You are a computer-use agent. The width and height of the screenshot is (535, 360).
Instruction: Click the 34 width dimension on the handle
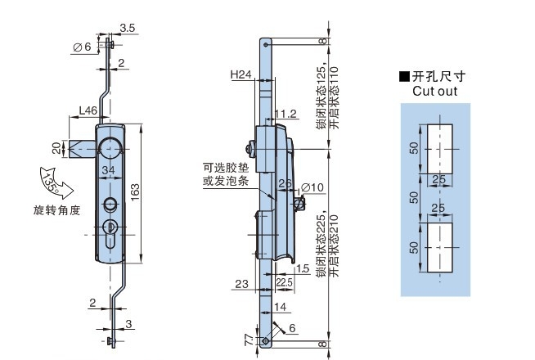(109, 169)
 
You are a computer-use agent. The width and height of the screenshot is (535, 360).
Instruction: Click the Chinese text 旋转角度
(57, 209)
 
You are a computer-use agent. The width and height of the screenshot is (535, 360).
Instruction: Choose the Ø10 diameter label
(313, 187)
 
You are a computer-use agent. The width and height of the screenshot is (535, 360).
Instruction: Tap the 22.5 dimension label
(285, 282)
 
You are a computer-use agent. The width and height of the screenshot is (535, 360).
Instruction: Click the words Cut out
(434, 92)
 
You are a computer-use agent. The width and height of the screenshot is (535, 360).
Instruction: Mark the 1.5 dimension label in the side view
(303, 268)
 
